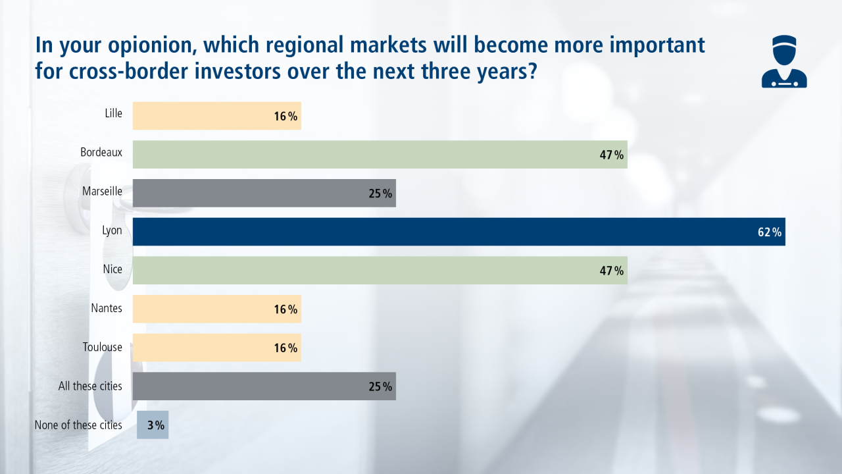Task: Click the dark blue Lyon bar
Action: coord(459,232)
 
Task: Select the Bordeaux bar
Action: coord(380,155)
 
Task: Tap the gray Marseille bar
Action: coord(264,193)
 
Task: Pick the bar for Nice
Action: coord(380,271)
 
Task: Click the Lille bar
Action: coord(217,116)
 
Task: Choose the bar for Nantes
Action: coord(217,309)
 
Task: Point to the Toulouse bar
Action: coord(217,348)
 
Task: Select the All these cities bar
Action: coord(264,386)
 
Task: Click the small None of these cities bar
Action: coord(153,425)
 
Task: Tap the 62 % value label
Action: coord(770,232)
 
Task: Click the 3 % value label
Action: coord(156,425)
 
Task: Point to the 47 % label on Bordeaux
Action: coord(612,155)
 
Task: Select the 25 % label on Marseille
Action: coord(380,194)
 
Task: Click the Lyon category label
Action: coord(112,230)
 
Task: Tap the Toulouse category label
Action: coord(102,346)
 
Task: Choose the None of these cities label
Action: coord(78,425)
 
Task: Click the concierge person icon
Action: coord(784,61)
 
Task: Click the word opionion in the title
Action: coord(152,46)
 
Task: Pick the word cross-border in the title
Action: coord(128,71)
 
